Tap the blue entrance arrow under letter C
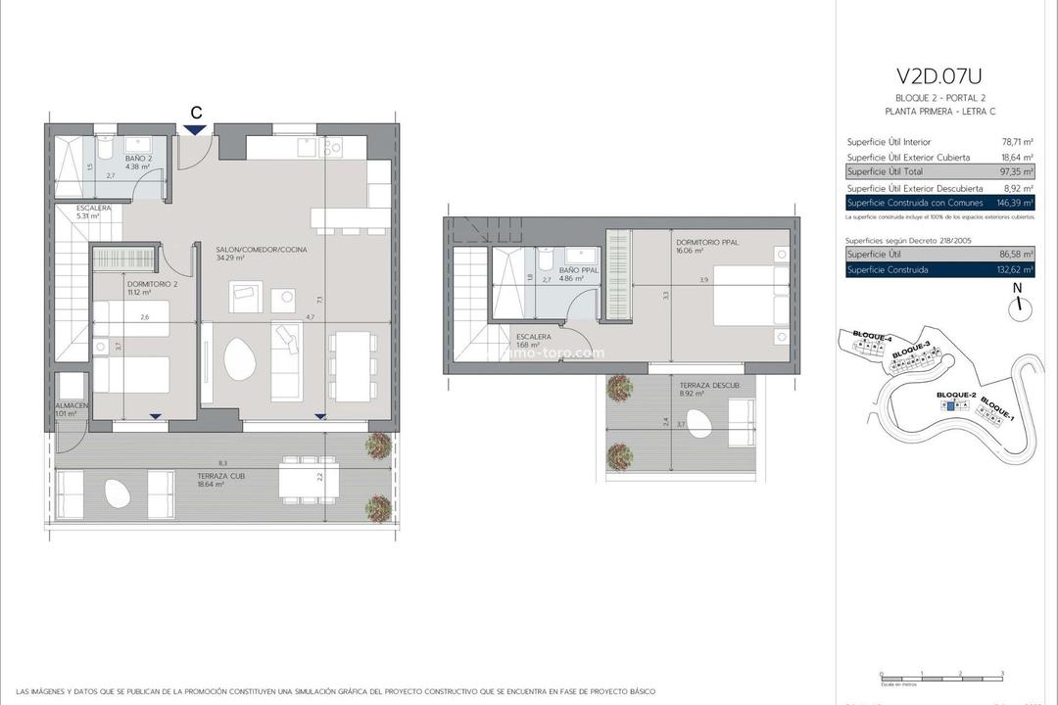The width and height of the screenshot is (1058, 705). click(196, 129)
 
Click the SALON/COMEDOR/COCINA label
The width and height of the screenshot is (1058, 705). click(261, 250)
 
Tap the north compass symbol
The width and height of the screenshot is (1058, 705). click(1020, 305)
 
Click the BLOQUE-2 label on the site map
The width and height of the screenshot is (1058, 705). click(956, 395)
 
